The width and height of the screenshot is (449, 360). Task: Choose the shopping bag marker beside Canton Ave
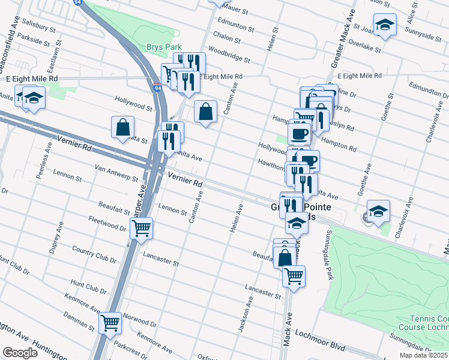click(x=205, y=111)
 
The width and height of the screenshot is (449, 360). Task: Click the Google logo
click(x=20, y=353)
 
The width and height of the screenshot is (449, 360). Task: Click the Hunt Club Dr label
click(x=88, y=284)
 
